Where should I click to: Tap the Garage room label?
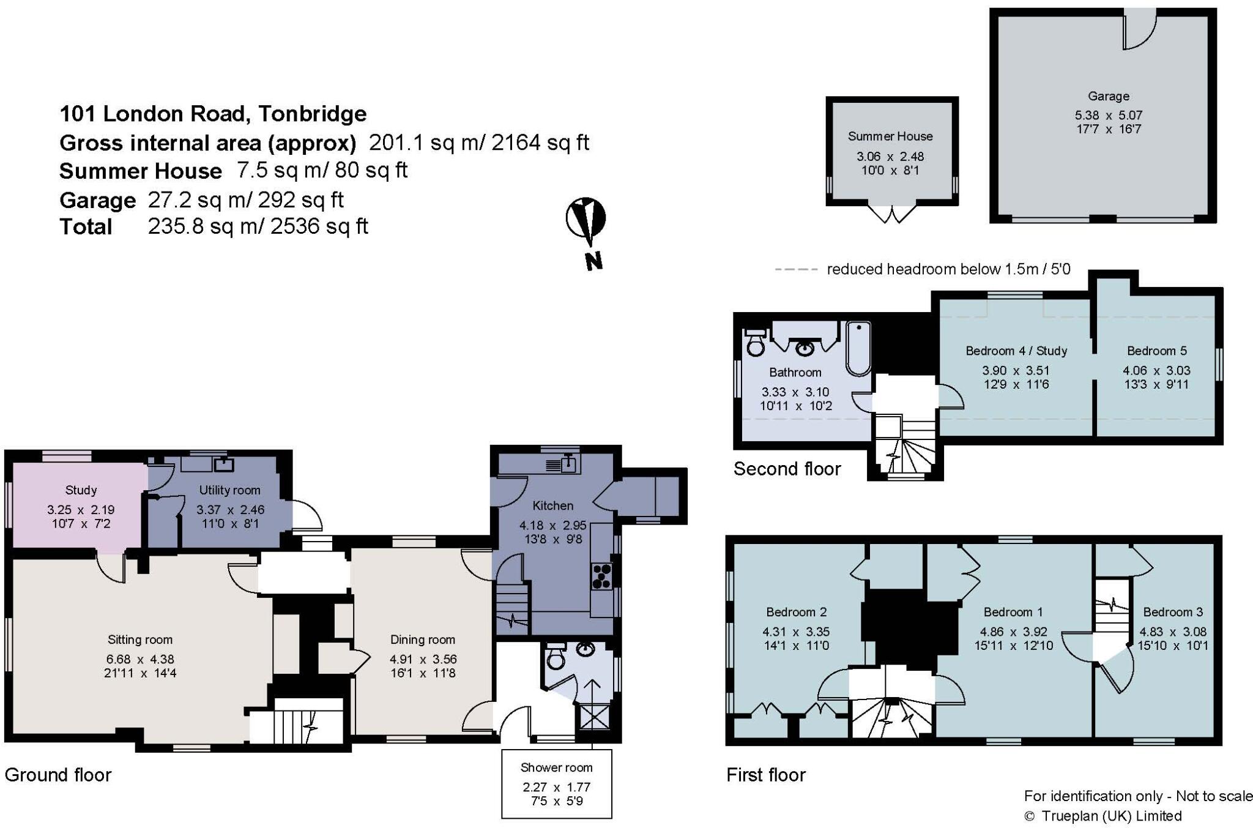pyautogui.click(x=1108, y=96)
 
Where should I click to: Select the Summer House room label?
pyautogui.click(x=890, y=136)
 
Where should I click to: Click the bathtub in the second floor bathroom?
pyautogui.click(x=858, y=348)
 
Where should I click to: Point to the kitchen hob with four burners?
pyautogui.click(x=602, y=576)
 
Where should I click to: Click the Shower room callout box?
pyautogui.click(x=557, y=783)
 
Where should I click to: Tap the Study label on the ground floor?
pyautogui.click(x=81, y=490)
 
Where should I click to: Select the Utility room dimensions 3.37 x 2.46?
pyautogui.click(x=230, y=509)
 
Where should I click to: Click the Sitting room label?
pyautogui.click(x=140, y=640)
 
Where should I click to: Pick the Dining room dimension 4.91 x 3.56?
pyautogui.click(x=423, y=659)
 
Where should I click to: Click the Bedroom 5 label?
pyautogui.click(x=1156, y=351)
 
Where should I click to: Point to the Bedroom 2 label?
pyautogui.click(x=796, y=612)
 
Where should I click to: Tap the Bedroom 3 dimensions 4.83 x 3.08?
pyautogui.click(x=1172, y=632)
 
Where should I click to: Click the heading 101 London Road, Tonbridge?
pyautogui.click(x=213, y=114)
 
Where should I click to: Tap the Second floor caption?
pyautogui.click(x=787, y=469)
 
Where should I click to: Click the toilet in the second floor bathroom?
pyautogui.click(x=756, y=342)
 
